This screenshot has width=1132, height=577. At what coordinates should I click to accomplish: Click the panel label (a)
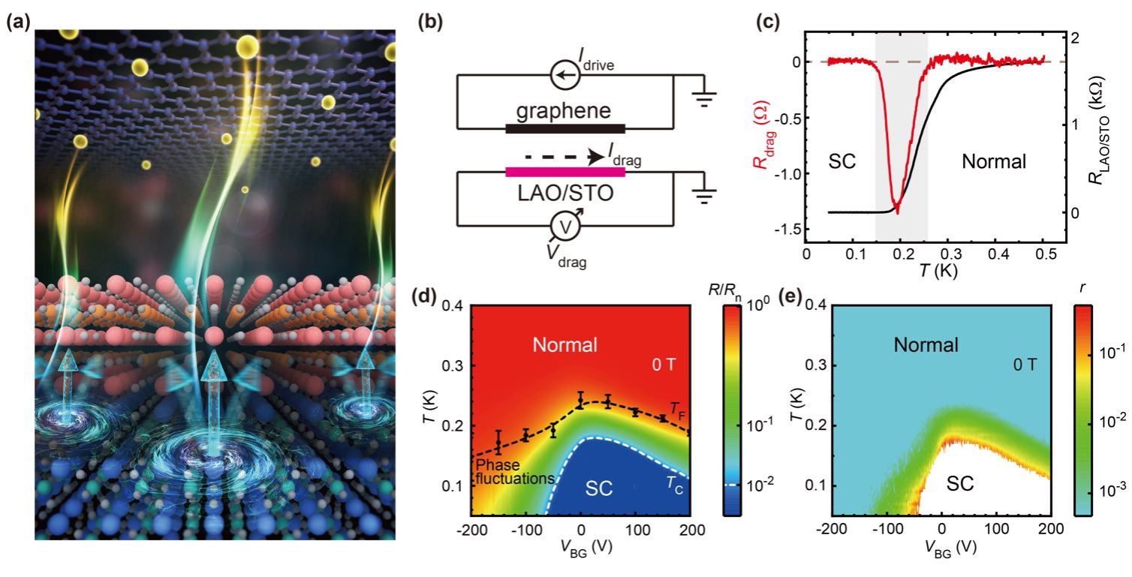[x=18, y=23]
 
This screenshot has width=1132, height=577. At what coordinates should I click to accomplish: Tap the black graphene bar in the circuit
[x=565, y=128]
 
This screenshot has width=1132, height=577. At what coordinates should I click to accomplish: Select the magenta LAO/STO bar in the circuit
[x=565, y=172]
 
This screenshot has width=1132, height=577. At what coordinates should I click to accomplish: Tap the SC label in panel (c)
[x=842, y=161]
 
